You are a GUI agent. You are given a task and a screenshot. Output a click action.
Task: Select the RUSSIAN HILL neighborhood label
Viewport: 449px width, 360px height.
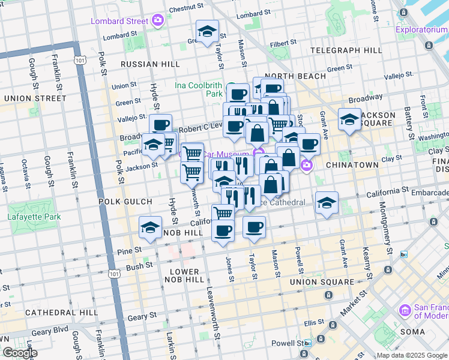pyautogui.click(x=150, y=64)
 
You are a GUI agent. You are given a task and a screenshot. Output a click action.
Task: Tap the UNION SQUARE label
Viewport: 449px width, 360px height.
pyautogui.click(x=322, y=281)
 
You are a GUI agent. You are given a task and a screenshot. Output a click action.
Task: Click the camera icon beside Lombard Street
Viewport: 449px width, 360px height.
pyautogui.click(x=158, y=21)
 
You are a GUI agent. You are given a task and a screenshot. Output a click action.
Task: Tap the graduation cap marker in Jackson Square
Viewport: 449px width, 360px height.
pyautogui.click(x=349, y=119)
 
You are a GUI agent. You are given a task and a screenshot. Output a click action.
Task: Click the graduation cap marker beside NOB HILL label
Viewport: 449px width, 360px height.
pyautogui.click(x=150, y=227)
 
